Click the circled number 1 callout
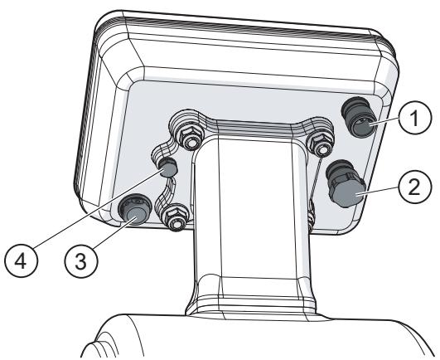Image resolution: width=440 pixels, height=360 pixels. point(415,117)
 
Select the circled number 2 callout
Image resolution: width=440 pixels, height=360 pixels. point(414,187)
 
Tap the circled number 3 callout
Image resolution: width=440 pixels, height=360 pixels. point(81,261)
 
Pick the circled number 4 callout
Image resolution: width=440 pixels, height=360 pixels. point(21,261)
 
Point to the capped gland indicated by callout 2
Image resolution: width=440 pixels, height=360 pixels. point(345,184)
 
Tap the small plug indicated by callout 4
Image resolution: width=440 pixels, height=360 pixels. point(167,168)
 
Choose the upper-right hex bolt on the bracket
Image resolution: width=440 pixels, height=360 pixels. point(319,144)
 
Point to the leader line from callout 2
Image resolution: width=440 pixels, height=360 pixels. point(377,191)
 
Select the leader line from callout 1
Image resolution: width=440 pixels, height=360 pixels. point(384,122)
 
